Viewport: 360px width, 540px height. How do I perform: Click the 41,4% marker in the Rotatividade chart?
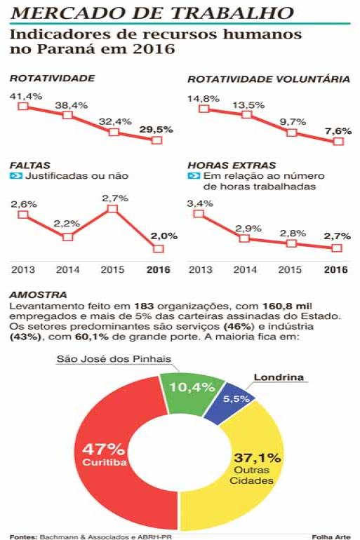click(x=23, y=106)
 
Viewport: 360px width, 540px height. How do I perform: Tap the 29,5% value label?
click(x=156, y=130)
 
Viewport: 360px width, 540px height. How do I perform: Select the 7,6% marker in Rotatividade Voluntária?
click(x=339, y=141)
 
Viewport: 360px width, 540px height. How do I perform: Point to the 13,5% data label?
click(x=248, y=105)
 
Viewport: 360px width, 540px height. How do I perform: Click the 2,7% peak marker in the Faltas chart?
click(x=113, y=209)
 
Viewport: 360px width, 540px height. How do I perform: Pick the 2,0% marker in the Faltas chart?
click(x=158, y=249)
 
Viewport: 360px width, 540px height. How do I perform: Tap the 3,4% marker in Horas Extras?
click(x=199, y=213)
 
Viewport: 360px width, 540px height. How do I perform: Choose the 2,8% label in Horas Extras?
click(x=293, y=233)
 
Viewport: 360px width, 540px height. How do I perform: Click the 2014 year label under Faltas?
click(x=67, y=269)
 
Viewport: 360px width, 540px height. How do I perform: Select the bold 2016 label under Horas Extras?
click(x=336, y=269)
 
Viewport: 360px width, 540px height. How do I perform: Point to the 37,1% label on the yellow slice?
click(x=258, y=458)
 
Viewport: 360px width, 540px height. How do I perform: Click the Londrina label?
click(x=279, y=377)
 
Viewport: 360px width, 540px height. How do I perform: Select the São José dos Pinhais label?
click(x=114, y=359)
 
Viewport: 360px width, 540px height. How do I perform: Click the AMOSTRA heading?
click(x=38, y=295)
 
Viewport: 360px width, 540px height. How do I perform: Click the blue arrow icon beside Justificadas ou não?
click(x=16, y=175)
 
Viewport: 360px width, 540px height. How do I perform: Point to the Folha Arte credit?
click(x=331, y=536)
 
